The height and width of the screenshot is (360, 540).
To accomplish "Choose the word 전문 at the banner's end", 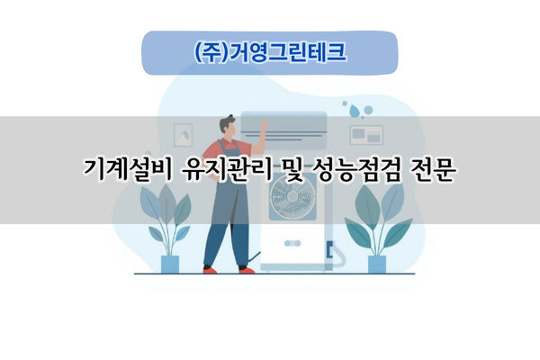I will coord(430,170).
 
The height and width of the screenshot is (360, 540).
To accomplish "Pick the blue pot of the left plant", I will coord(170,264).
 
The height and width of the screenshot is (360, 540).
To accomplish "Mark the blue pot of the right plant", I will coord(377,264).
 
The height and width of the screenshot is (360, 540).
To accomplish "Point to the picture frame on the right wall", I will coord(365,134).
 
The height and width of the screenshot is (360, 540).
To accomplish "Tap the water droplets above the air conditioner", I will coord(358,110).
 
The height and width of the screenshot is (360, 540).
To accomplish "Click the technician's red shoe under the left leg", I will coord(211,269).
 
